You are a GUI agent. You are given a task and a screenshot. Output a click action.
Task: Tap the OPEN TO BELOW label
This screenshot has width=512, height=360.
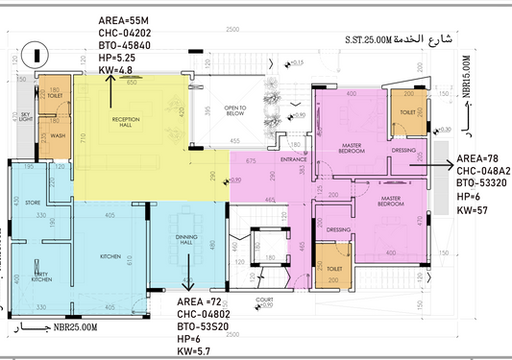click(236, 109)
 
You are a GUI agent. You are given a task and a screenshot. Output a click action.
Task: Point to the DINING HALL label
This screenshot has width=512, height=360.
click(187, 241)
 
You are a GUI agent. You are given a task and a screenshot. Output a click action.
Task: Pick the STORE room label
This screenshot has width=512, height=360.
click(33, 203)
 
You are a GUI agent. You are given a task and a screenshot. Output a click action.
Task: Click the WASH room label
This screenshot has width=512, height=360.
click(58, 136)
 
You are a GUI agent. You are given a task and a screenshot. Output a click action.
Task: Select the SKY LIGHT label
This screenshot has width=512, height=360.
click(26, 118)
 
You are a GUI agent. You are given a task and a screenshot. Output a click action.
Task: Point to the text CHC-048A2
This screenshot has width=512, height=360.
click(483, 170)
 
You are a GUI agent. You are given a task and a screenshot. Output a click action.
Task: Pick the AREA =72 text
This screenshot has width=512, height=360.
click(199, 302)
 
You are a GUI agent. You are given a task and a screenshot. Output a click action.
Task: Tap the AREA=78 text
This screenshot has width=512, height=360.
click(478, 158)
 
